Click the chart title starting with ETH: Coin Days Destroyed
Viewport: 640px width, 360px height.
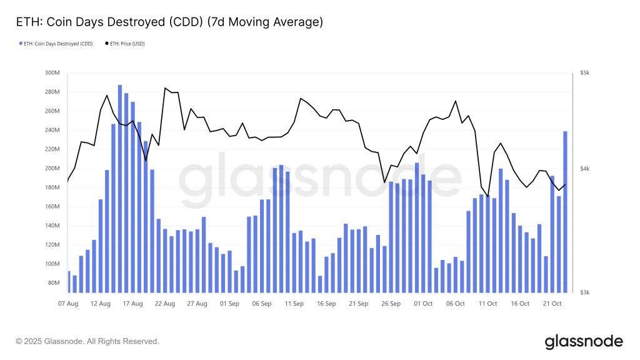click(169, 22)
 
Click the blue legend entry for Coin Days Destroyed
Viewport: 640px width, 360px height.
click(56, 43)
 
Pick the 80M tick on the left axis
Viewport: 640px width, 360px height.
click(52, 283)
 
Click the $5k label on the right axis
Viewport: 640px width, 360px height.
click(585, 73)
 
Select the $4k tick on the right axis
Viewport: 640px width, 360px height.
click(585, 169)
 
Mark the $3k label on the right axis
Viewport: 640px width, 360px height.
click(585, 292)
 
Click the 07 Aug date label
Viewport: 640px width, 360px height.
click(68, 304)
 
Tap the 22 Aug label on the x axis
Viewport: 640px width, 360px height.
click(165, 304)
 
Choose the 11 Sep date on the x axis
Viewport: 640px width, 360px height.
click(294, 304)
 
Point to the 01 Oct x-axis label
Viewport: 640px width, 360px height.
click(423, 304)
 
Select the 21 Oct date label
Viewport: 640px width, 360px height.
click(552, 304)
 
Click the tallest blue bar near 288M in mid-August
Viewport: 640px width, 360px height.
click(120, 187)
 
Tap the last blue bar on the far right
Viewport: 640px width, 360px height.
click(566, 212)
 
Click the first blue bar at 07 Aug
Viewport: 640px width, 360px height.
click(68, 281)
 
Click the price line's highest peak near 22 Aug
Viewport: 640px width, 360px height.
click(166, 88)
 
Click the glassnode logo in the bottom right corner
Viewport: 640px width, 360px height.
click(584, 341)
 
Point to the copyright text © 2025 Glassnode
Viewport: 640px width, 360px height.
click(87, 341)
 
